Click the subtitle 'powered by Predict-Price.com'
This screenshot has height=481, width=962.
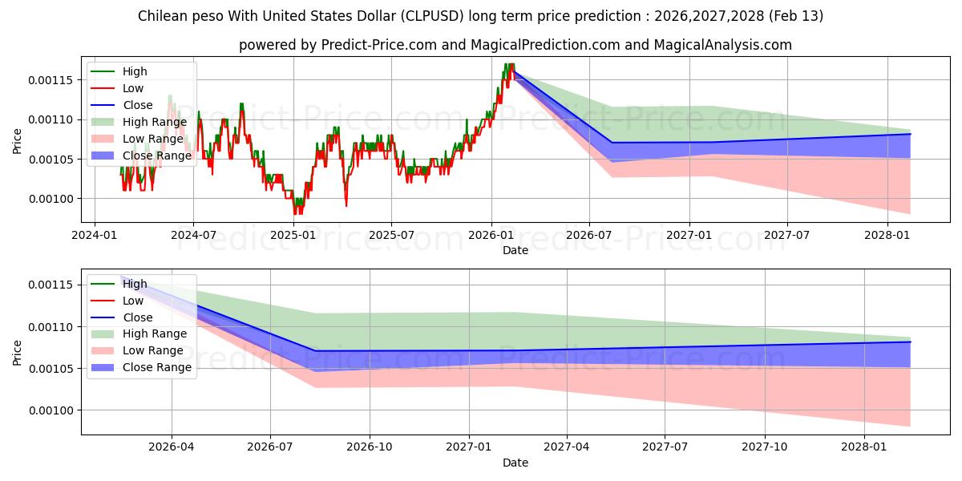515,45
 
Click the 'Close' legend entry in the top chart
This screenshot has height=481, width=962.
138,105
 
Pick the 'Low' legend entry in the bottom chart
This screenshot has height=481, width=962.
133,301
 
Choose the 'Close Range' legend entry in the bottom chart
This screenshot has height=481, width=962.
157,367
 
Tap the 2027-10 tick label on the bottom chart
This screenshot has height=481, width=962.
764,447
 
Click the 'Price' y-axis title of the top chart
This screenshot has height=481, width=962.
18,141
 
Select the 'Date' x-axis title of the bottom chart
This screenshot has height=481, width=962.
515,463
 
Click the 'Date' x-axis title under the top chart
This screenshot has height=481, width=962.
515,249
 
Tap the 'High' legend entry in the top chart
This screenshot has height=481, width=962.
135,71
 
